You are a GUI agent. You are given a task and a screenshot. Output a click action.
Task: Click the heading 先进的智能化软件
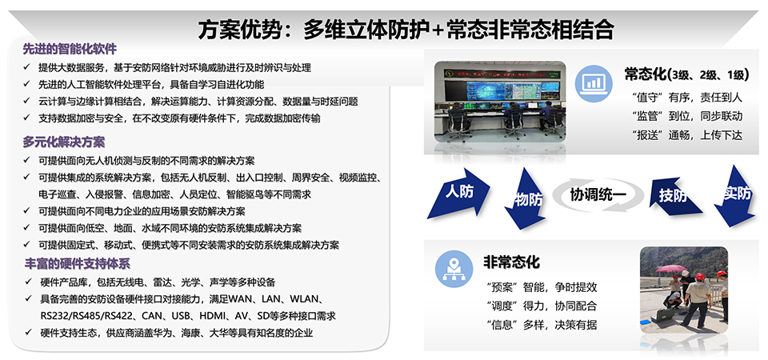pos(70,50)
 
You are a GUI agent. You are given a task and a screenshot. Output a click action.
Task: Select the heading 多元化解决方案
pos(64,142)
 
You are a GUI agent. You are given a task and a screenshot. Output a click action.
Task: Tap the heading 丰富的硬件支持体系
pos(77,263)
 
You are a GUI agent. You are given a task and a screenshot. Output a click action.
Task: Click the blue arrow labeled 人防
pos(458,193)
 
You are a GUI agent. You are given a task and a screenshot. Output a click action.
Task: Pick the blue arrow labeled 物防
pos(526,198)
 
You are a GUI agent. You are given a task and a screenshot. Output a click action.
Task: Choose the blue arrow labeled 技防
pos(674,196)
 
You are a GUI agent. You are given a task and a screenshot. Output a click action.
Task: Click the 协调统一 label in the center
pos(598,195)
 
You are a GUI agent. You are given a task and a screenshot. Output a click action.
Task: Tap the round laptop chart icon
pos(593,82)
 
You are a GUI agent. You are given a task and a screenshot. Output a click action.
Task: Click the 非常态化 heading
pos(511,262)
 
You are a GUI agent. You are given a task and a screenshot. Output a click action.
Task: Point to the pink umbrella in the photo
pos(671,269)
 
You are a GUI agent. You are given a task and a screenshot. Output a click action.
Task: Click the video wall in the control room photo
pos(512,89)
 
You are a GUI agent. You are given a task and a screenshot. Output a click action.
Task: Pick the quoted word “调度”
pos(502,306)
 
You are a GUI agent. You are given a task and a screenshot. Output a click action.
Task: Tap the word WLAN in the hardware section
pos(306,298)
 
